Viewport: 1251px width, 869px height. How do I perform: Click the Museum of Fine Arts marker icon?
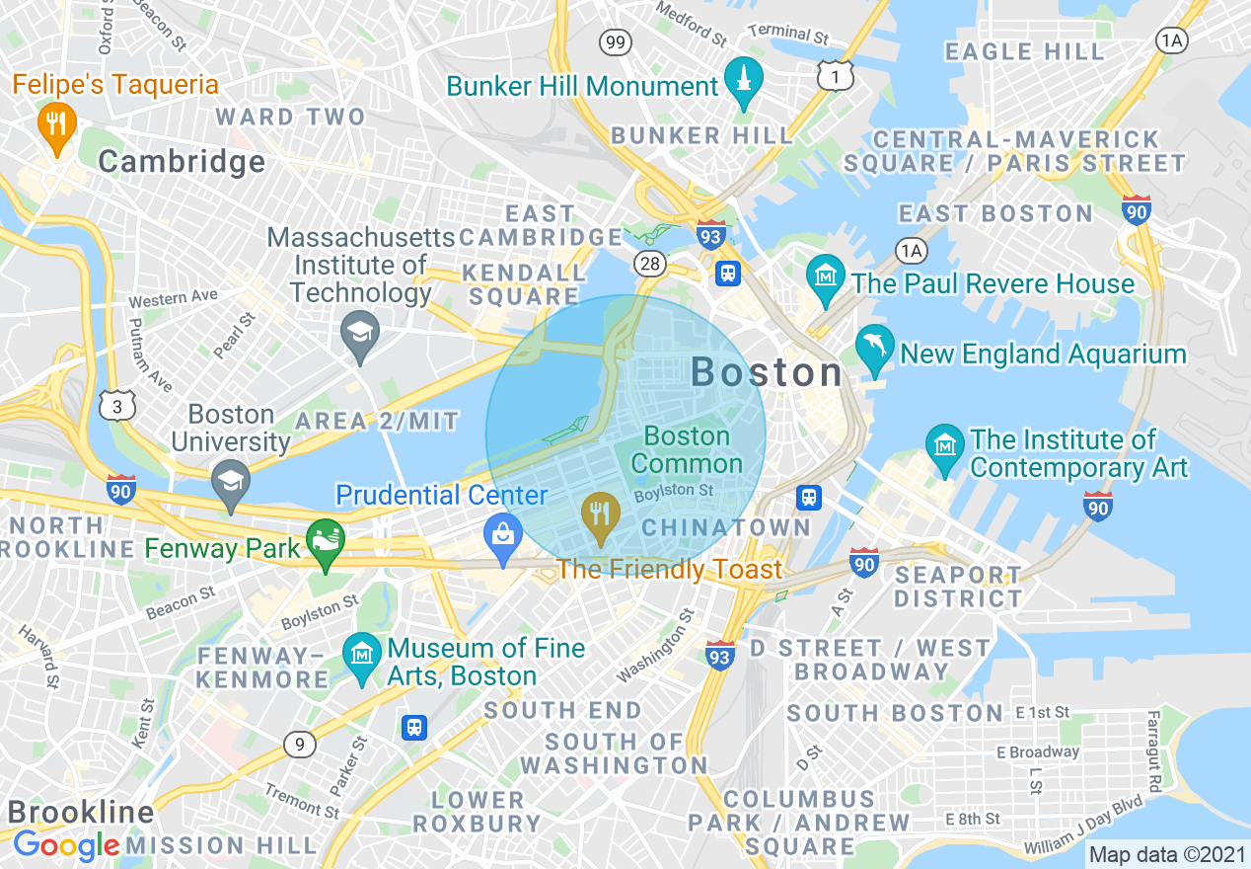[x=362, y=656]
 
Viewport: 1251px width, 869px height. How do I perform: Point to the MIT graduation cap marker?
[x=360, y=333]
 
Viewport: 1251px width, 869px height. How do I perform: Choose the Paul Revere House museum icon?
[x=826, y=276]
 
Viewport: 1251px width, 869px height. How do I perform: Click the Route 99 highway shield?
[x=616, y=42]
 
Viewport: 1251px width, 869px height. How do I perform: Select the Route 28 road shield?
[x=649, y=264]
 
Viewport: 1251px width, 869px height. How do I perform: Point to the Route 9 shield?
[x=299, y=744]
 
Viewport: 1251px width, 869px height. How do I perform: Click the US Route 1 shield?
[x=836, y=76]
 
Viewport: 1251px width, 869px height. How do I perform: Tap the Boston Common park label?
[x=688, y=449]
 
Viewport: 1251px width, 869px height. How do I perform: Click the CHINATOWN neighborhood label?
[x=725, y=528]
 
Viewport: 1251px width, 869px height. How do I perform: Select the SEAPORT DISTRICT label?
[x=958, y=587]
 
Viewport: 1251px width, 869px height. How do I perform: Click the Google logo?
[x=66, y=846]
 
